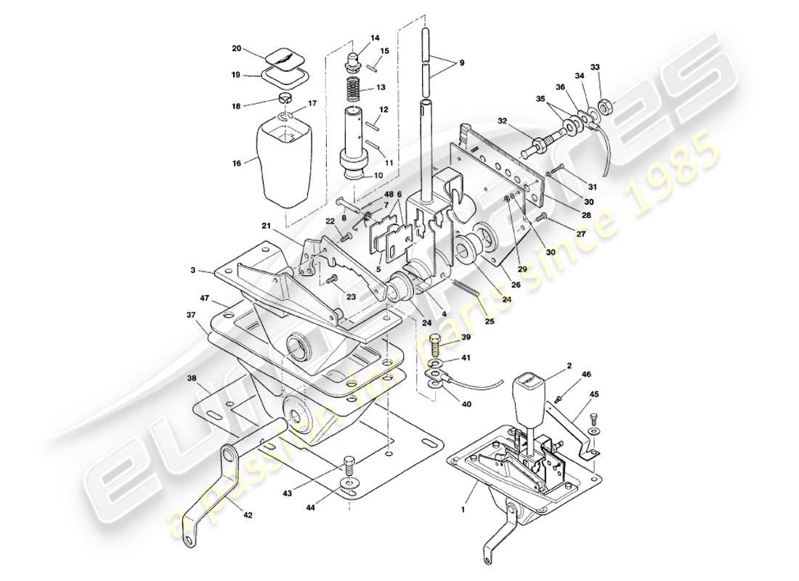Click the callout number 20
pos(236,49)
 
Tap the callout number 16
pos(236,164)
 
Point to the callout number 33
pos(596,68)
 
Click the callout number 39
pos(466,338)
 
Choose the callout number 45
pos(595,395)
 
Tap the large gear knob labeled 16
pos(287,160)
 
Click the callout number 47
pos(206,298)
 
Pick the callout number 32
pos(503,121)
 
